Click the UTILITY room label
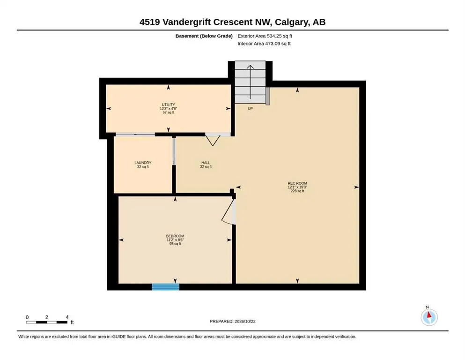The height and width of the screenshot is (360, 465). [168, 105]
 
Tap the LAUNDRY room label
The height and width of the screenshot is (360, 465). [143, 163]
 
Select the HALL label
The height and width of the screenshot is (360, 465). [206, 163]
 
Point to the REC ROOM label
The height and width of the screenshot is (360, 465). [297, 183]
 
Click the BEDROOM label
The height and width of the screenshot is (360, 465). [175, 236]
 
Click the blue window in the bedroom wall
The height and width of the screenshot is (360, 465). [165, 287]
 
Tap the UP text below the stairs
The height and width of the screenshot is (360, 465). [250, 109]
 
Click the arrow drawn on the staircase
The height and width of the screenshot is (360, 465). [250, 82]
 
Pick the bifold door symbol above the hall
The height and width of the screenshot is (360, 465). [213, 140]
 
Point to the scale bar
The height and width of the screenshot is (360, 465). [47, 322]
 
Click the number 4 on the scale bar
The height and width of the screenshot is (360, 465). [67, 317]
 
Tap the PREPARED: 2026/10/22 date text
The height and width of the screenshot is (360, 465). [232, 321]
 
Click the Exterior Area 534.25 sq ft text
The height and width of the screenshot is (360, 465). [265, 36]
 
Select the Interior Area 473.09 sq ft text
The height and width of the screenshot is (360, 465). [264, 44]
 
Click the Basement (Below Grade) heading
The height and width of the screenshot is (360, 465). [204, 36]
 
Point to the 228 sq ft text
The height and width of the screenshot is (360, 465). [297, 191]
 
